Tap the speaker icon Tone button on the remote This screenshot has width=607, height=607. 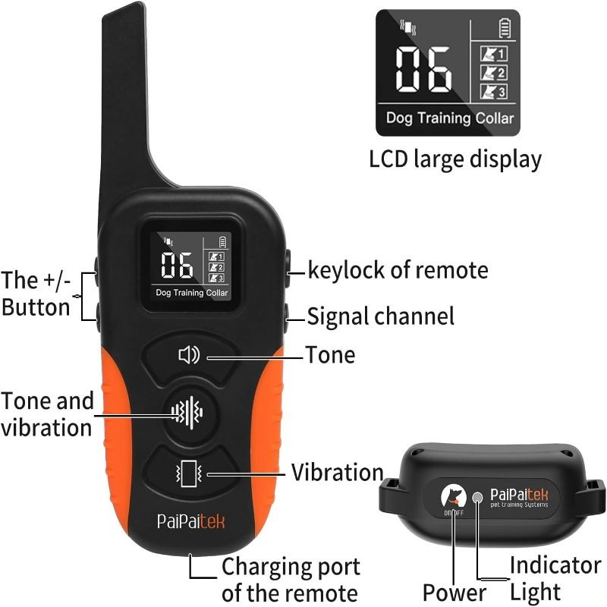tap(190, 357)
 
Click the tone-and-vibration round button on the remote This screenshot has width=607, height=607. tap(188, 412)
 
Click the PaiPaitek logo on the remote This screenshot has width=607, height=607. tap(191, 521)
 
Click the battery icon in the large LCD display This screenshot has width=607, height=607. tap(505, 28)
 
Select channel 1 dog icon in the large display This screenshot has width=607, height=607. tap(494, 53)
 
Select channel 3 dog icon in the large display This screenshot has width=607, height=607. tap(494, 92)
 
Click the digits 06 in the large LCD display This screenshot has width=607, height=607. tap(423, 69)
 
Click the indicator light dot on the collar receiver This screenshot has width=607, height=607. tap(478, 497)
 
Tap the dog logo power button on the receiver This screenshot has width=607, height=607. tap(454, 497)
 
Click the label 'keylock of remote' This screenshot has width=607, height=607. tap(398, 270)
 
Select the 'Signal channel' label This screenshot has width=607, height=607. tap(381, 316)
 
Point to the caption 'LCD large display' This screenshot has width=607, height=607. tap(455, 159)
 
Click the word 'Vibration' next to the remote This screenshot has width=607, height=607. tap(337, 473)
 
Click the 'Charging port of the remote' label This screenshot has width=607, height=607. tap(291, 580)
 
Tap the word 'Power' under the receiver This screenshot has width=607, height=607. tap(454, 593)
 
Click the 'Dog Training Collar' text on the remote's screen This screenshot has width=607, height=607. tap(192, 293)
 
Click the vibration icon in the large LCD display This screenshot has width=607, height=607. tap(408, 27)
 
